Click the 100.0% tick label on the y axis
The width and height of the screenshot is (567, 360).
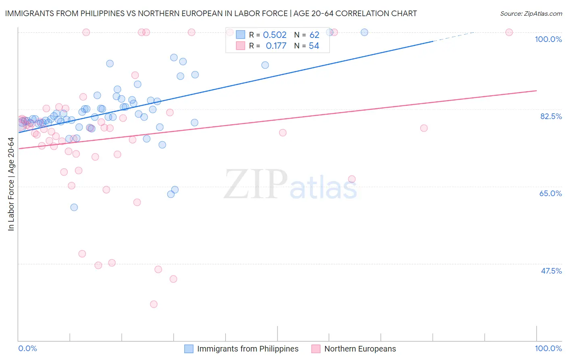[548, 39]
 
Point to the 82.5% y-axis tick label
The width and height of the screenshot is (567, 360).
[551, 116]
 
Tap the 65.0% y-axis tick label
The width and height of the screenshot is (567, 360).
[550, 193]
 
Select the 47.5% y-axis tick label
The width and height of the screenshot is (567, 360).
[551, 271]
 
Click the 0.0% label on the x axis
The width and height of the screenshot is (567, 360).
[27, 348]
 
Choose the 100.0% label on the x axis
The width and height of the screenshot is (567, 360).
[548, 348]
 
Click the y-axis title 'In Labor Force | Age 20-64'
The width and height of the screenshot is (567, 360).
[11, 184]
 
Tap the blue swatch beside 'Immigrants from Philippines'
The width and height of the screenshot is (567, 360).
[189, 349]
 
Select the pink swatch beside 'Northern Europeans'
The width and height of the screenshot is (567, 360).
[316, 349]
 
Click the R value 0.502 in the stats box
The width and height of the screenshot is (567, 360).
[275, 35]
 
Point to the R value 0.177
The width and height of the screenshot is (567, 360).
[276, 46]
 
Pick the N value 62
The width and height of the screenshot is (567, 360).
[314, 35]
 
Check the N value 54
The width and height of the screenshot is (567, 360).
[314, 46]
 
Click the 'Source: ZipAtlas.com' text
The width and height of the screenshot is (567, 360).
[531, 14]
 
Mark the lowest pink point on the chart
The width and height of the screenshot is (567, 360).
[154, 304]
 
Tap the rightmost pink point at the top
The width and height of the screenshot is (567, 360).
[509, 32]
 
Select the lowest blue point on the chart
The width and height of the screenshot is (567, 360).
[74, 207]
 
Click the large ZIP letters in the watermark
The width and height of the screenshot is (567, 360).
[256, 184]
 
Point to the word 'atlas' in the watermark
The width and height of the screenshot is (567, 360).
[323, 188]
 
